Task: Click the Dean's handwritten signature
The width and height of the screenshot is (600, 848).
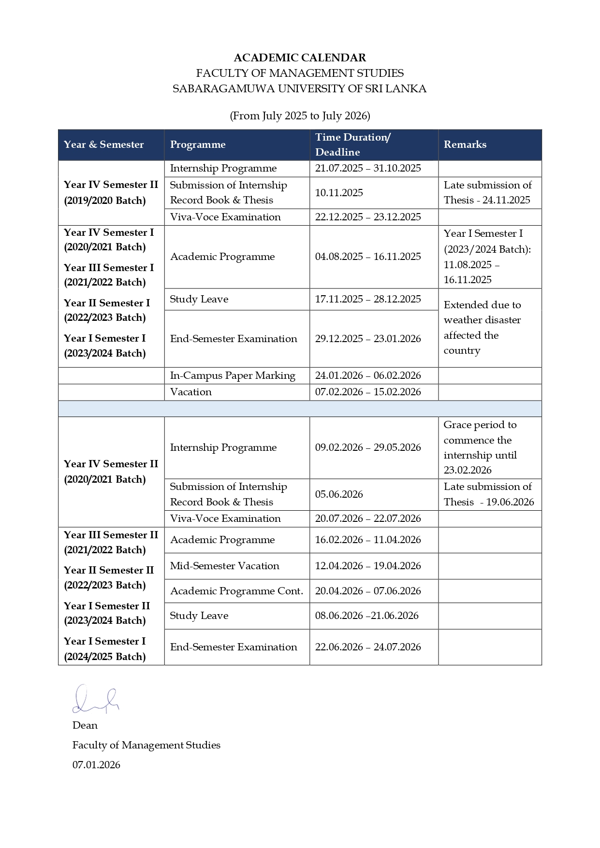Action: pyautogui.click(x=95, y=700)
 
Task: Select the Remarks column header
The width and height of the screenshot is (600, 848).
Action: pyautogui.click(x=465, y=144)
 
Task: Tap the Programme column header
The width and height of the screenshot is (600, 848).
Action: pyautogui.click(x=198, y=144)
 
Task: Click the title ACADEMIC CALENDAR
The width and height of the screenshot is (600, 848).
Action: pyautogui.click(x=300, y=58)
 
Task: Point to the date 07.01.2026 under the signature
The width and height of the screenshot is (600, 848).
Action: pyautogui.click(x=96, y=765)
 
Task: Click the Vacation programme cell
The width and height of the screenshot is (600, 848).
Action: pyautogui.click(x=191, y=392)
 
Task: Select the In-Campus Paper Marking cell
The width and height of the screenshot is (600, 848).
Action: pyautogui.click(x=233, y=375)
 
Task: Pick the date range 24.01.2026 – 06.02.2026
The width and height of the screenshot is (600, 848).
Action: pyautogui.click(x=368, y=375)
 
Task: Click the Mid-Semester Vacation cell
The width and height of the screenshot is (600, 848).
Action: pyautogui.click(x=225, y=566)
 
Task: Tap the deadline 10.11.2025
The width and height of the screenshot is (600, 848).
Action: pyautogui.click(x=339, y=193)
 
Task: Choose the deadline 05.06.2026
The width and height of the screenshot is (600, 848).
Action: pyautogui.click(x=339, y=494)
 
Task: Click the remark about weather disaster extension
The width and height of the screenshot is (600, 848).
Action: pyautogui.click(x=482, y=328)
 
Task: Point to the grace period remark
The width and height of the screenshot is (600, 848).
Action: pyautogui.click(x=480, y=447)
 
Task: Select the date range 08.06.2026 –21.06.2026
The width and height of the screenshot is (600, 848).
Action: pyautogui.click(x=366, y=616)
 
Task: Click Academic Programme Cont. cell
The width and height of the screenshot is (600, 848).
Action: pyautogui.click(x=236, y=591)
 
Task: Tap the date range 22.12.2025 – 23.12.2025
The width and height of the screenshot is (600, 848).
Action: pyautogui.click(x=368, y=217)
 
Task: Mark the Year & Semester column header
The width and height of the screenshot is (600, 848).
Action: pyautogui.click(x=103, y=144)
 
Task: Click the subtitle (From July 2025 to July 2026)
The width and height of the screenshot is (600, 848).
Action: pyautogui.click(x=300, y=116)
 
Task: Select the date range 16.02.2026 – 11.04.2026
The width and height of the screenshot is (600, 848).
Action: pyautogui.click(x=368, y=540)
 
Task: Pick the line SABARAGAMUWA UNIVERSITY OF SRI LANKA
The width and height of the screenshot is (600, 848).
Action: pyautogui.click(x=300, y=89)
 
